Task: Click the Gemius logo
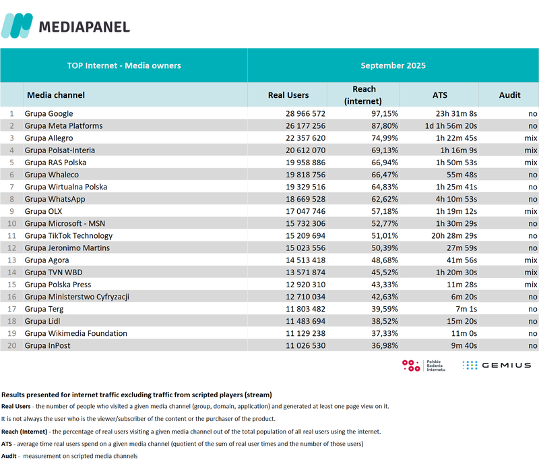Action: (x=497, y=365)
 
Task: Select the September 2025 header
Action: (x=393, y=65)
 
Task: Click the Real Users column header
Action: (x=288, y=95)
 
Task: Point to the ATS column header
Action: (x=439, y=95)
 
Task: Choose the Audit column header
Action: (x=509, y=95)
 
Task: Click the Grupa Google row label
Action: (x=49, y=114)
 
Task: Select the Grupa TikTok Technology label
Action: (x=68, y=235)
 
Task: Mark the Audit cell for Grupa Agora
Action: (x=530, y=260)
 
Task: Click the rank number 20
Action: (x=11, y=345)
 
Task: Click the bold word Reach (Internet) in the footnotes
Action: (x=24, y=431)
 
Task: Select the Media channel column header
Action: (x=55, y=95)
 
